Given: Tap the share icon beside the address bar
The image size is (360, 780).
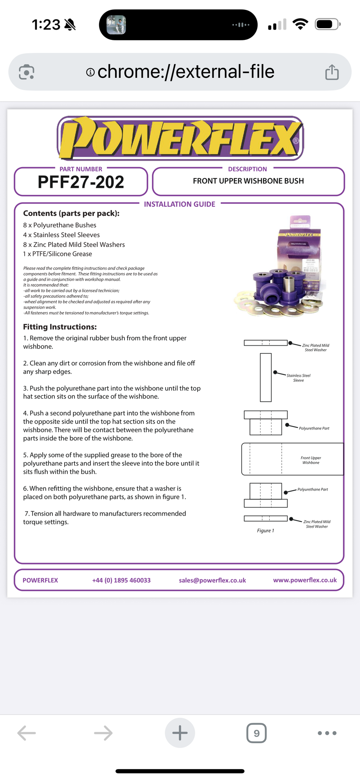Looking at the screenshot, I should (332, 72).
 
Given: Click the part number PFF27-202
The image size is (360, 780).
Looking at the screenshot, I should (81, 182).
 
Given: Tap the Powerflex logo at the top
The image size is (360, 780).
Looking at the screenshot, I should (180, 138).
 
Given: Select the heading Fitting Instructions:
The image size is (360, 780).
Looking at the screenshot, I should (60, 327).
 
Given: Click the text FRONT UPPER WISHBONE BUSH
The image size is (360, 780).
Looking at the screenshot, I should (248, 181).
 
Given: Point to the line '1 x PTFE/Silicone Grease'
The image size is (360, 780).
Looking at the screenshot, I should (58, 254).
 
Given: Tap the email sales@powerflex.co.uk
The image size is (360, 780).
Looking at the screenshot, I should (212, 580).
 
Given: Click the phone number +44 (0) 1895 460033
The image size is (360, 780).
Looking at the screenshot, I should (121, 580).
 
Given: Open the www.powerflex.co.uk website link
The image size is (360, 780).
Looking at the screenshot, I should (305, 580).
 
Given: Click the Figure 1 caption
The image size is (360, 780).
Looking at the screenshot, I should (265, 530).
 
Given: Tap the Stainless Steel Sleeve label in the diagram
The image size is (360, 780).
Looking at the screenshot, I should (298, 378).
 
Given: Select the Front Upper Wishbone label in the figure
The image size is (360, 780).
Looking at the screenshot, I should (311, 460).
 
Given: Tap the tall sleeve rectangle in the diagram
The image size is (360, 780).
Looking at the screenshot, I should (266, 377).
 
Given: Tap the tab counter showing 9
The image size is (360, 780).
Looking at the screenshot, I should (256, 733).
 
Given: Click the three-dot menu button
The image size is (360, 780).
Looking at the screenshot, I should (327, 733).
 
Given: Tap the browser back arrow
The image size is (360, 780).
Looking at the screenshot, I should (27, 733).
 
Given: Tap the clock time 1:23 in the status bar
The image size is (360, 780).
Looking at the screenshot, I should (46, 25).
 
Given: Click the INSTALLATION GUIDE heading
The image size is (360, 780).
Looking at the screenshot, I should (180, 204).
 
